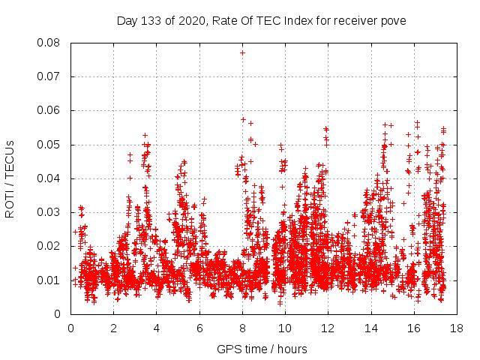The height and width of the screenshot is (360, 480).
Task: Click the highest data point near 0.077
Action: coord(242,52)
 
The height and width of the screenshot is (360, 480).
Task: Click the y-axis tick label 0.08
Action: coord(49,43)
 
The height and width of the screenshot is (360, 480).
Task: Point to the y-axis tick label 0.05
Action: coord(49,145)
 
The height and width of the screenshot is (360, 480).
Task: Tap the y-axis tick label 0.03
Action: coord(49,212)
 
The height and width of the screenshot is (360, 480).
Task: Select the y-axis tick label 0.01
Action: coord(49,280)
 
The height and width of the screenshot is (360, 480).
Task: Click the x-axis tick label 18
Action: coord(455,328)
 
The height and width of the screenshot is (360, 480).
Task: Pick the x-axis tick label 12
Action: coord(327,328)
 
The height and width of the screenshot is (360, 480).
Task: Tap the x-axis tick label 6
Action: coord(199,328)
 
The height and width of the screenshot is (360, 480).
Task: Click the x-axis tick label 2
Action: coord(114,328)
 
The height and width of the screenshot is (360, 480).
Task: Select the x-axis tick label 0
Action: coord(71,328)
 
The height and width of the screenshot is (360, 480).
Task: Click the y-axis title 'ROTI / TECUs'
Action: coord(10,178)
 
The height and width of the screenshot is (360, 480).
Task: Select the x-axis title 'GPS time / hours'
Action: coord(262,349)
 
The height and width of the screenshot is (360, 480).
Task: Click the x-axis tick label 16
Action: coord(412,328)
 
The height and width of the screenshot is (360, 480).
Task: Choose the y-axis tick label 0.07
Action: coord(49,76)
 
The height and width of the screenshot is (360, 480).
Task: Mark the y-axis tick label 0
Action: coord(58,314)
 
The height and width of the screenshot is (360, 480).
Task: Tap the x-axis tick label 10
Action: coord(284,328)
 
